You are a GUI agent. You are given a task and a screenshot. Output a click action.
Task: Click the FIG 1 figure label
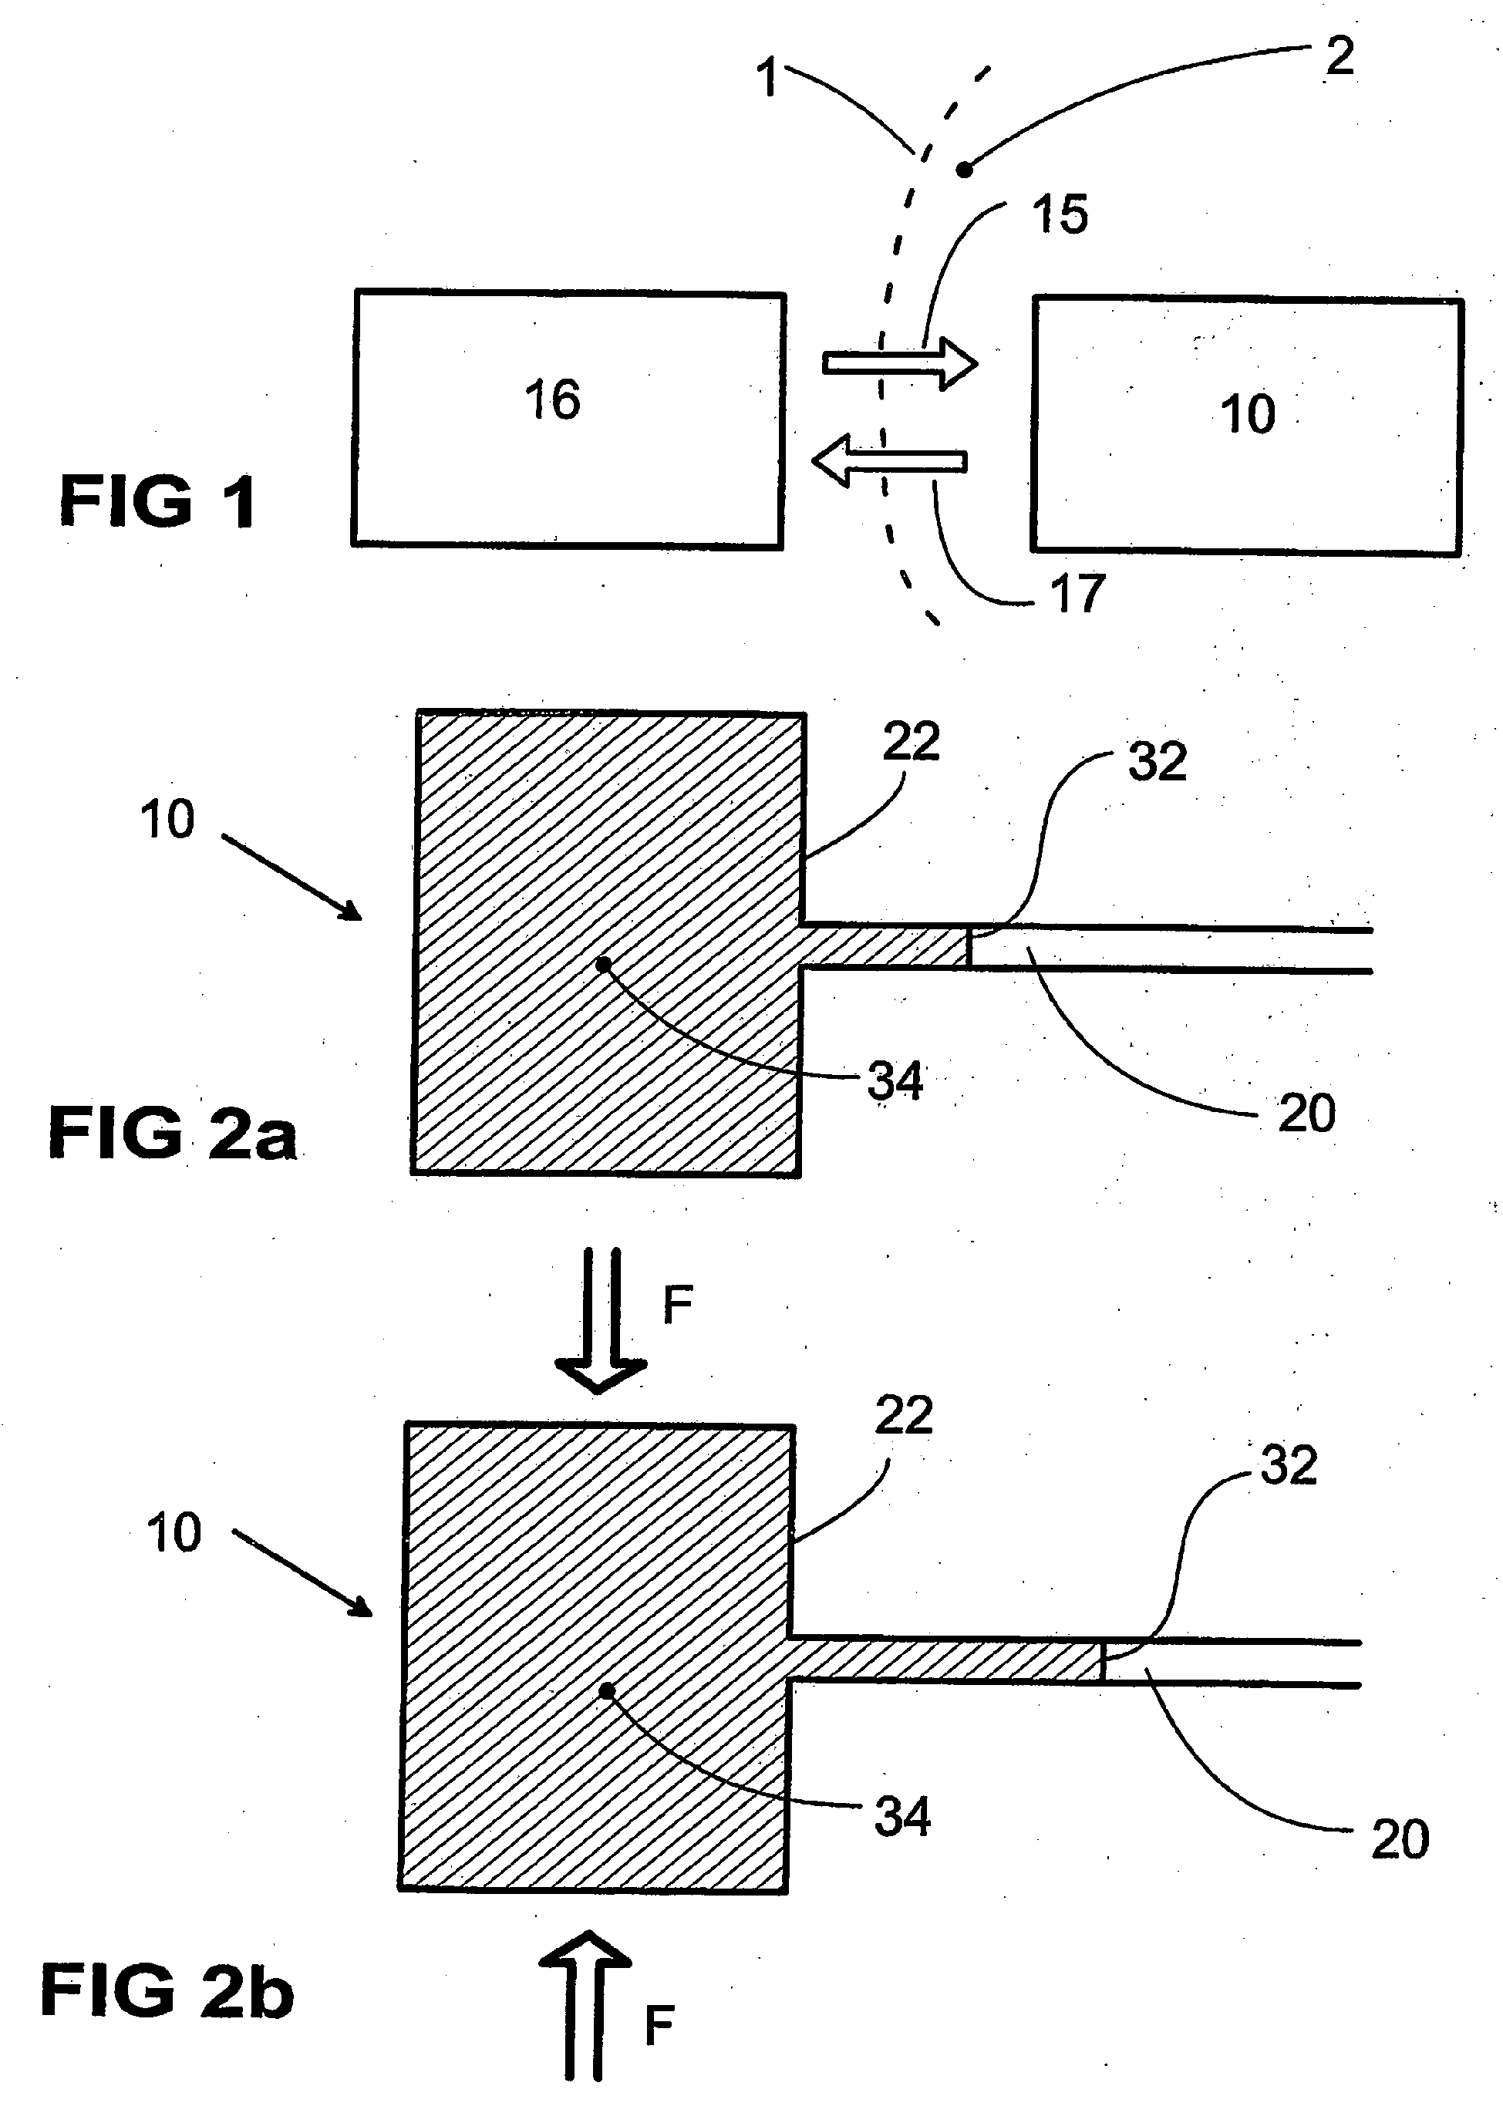157,500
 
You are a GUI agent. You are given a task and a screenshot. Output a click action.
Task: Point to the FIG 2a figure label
172,1133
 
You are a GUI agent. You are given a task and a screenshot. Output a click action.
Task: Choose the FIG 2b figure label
167,1992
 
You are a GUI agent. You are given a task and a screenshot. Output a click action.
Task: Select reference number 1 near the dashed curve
767,78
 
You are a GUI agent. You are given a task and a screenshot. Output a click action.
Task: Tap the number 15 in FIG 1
1060,214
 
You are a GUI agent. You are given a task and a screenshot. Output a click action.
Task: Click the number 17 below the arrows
1077,593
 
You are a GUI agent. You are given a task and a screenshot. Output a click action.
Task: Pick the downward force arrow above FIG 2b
600,1319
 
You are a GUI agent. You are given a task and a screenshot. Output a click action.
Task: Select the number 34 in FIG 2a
895,1081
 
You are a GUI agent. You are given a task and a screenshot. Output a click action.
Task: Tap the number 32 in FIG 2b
1289,1465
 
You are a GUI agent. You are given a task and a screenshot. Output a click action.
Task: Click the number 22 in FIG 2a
911,743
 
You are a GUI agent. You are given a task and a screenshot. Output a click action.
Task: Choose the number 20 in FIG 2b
1400,1839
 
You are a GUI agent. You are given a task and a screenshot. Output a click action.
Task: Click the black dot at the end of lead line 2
963,170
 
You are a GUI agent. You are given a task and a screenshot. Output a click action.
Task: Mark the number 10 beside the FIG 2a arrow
167,820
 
